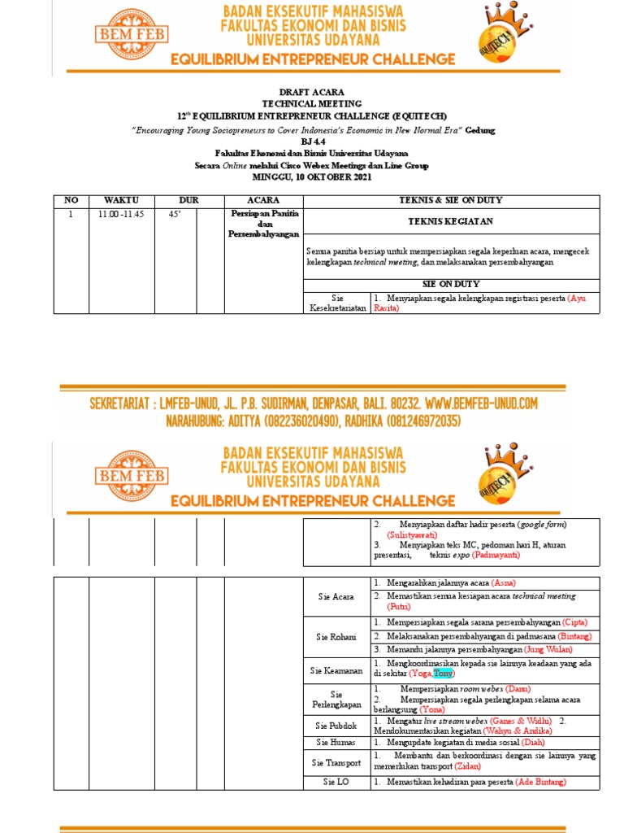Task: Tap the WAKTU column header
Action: click(x=121, y=200)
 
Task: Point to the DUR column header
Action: click(x=188, y=200)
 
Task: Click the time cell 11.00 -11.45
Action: click(x=121, y=215)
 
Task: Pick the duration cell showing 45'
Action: click(x=174, y=215)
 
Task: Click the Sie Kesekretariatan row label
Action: click(x=337, y=303)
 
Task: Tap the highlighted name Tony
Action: click(x=444, y=674)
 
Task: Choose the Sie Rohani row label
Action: click(x=337, y=637)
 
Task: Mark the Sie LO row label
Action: click(x=337, y=782)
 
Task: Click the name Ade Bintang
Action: click(x=540, y=782)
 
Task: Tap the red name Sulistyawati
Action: click(x=413, y=535)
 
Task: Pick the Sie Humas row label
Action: click(x=337, y=742)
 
